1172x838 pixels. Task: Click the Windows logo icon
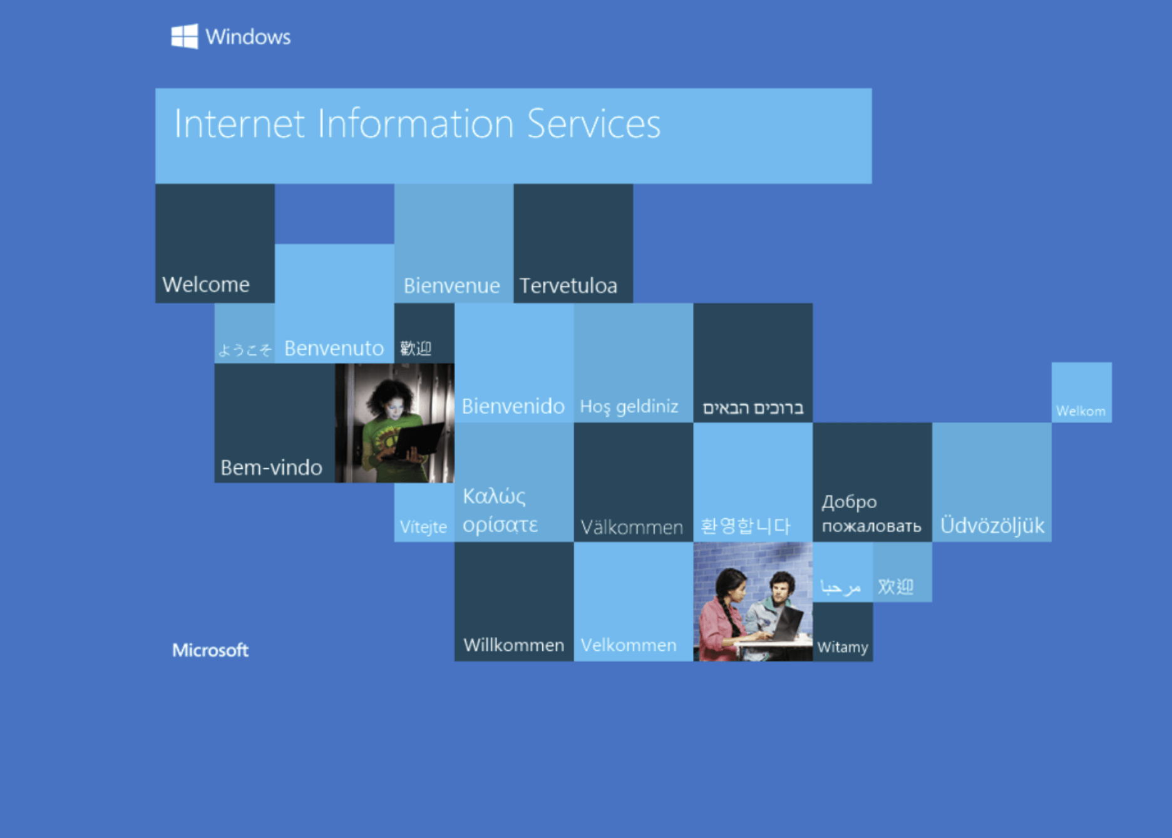point(185,36)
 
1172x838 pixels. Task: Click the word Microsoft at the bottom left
point(210,650)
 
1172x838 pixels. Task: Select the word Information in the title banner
point(416,123)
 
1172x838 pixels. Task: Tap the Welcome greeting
point(206,285)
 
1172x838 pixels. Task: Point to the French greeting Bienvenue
point(451,286)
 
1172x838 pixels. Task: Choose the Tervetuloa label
point(568,286)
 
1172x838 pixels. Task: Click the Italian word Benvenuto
point(334,348)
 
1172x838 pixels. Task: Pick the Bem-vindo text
point(271,468)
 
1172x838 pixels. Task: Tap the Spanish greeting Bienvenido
point(513,406)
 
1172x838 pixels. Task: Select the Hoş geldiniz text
point(629,407)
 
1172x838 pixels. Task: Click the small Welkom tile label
point(1081,411)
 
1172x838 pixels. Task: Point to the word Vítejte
point(423,527)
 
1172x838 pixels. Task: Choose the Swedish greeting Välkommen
point(632,527)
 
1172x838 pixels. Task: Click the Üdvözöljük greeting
point(992,525)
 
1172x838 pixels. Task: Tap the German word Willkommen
point(513,645)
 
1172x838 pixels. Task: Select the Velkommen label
point(629,645)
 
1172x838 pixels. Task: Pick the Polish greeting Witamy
point(843,647)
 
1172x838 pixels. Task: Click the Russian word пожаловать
point(871,526)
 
